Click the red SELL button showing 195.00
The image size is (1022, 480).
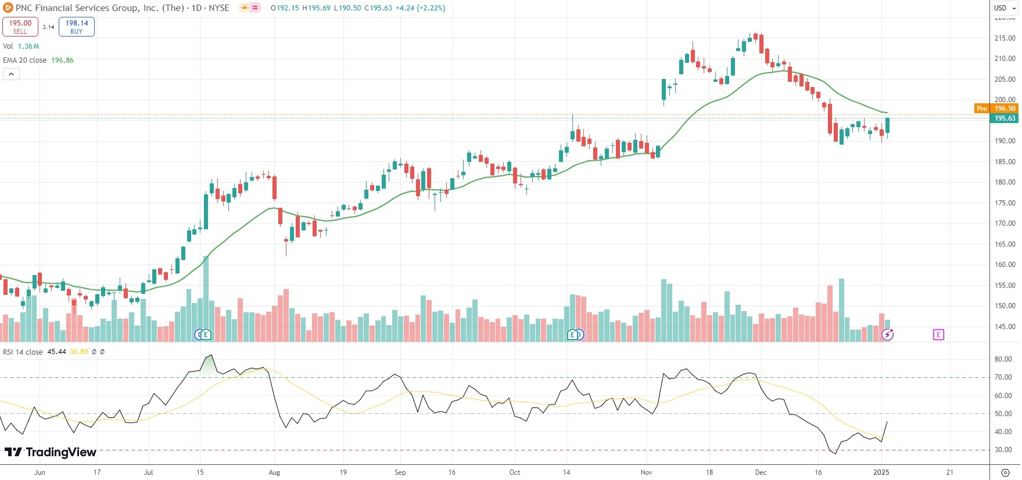20,27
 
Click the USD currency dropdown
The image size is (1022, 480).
1005,8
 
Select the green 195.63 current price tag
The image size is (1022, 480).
1005,118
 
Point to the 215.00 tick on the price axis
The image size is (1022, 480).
1005,38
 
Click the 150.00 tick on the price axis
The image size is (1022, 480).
1005,306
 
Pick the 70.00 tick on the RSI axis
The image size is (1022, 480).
1003,377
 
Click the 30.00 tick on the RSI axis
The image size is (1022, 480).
1003,450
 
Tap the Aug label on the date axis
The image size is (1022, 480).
274,472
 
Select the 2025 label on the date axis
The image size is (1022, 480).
881,472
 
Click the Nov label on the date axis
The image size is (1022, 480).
646,472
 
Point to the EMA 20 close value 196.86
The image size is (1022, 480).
62,60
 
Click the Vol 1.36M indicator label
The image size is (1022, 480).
21,46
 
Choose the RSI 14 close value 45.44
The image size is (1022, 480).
56,352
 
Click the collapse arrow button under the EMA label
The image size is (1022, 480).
11,74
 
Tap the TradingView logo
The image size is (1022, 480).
51,452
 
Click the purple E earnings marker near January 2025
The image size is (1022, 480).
938,334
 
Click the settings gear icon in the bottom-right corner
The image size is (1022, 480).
1005,472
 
